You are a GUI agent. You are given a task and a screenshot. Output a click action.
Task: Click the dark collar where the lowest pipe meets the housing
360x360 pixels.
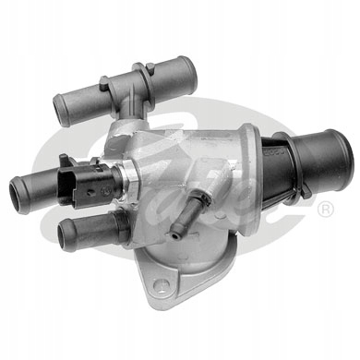(x=115, y=226)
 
